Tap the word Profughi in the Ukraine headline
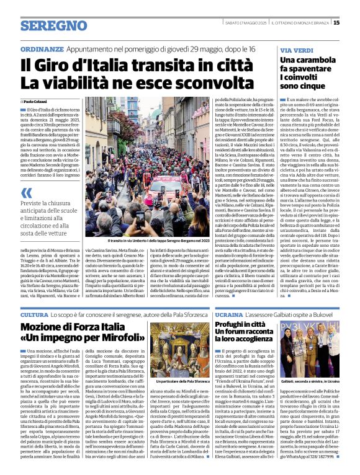click(x=233, y=326)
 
